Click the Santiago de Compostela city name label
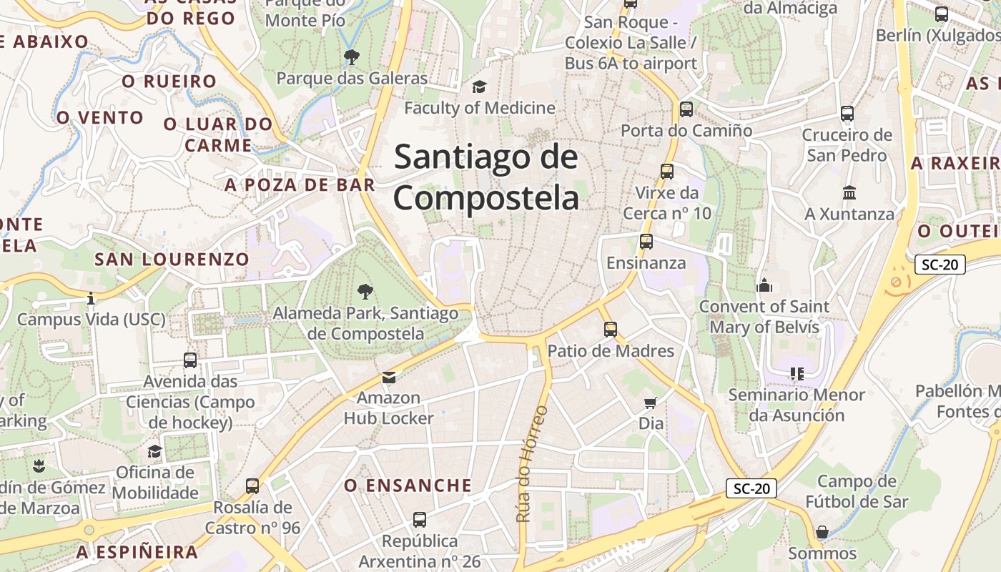(x=486, y=177)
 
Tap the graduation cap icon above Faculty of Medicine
(x=478, y=87)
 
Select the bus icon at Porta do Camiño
(x=686, y=109)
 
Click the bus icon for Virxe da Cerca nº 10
(x=667, y=172)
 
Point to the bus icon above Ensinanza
(x=646, y=242)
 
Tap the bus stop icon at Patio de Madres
(x=610, y=330)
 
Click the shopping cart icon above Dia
(x=650, y=403)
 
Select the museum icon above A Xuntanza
(x=849, y=193)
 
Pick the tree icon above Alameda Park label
(x=365, y=291)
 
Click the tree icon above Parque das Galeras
(x=351, y=57)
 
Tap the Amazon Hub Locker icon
(x=388, y=377)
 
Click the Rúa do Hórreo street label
(x=531, y=463)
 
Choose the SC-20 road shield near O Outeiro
(x=940, y=265)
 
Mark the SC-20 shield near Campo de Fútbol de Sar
(x=751, y=488)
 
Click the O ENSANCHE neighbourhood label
(x=408, y=485)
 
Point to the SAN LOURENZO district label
(x=172, y=259)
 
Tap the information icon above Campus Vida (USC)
(x=91, y=298)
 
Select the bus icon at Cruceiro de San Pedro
(x=847, y=114)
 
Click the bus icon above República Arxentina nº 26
(x=420, y=520)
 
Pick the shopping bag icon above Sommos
(x=822, y=532)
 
